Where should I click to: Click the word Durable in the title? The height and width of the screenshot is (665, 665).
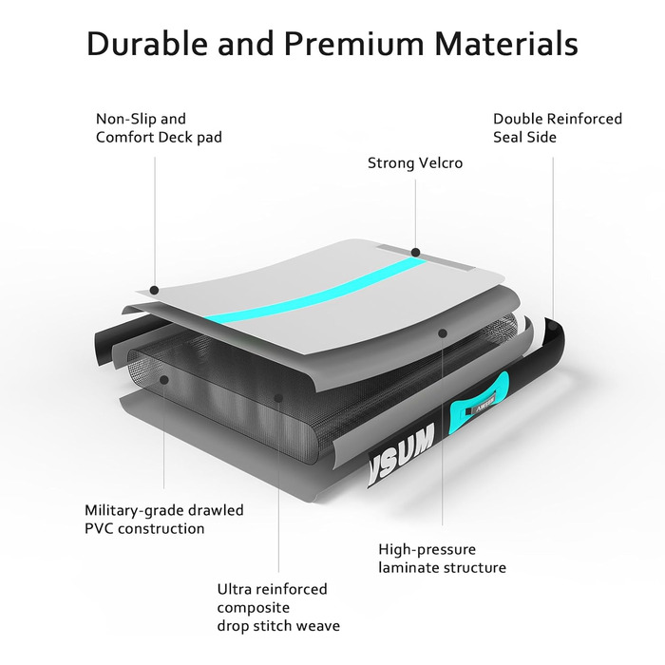147,44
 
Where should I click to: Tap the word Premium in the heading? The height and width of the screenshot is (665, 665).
353,44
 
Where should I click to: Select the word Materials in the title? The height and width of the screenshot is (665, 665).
506,44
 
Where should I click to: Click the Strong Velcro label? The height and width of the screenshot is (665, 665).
415,162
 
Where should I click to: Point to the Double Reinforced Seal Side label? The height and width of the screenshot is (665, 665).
558,127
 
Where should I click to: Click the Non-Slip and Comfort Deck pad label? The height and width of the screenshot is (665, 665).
159,127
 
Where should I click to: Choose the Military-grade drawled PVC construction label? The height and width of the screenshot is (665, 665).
164,519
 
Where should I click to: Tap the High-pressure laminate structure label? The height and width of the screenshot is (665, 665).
442,559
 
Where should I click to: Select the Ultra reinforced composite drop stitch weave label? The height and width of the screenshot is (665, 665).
278,607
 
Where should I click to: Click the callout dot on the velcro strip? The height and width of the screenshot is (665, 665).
416,253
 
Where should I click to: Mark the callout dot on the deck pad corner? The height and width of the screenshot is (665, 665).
155,290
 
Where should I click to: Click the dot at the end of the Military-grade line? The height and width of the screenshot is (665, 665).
164,380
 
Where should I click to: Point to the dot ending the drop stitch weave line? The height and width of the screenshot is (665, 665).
278,398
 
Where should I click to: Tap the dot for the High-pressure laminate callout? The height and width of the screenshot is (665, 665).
443,333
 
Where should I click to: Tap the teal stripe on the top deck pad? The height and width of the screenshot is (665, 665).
316,292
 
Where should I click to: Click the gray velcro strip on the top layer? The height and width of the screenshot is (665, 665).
426,257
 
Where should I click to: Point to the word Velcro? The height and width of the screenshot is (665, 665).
440,162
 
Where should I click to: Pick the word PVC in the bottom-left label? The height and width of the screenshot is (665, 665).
98,528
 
